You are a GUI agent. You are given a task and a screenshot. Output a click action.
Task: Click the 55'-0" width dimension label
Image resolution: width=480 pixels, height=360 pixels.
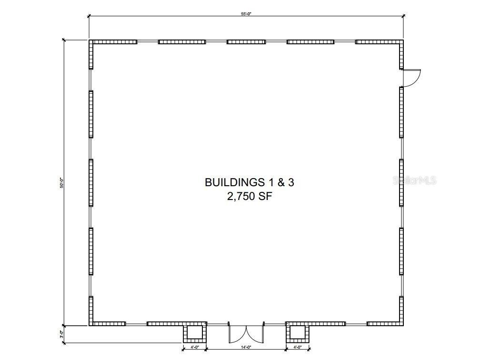pos(246,14)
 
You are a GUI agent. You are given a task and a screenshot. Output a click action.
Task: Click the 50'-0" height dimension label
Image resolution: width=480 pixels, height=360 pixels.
pos(61,183)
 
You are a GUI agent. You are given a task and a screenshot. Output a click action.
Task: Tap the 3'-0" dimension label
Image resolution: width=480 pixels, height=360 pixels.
pos(61,334)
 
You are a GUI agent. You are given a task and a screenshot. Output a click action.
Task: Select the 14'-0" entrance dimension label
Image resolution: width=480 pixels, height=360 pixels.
pos(246,347)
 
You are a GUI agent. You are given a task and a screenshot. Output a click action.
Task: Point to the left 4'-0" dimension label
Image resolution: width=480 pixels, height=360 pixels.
pos(195,347)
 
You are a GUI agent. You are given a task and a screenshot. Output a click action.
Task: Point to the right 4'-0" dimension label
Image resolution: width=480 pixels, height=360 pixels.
pos(298,347)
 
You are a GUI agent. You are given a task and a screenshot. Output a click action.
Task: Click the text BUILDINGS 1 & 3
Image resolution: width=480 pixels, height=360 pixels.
pos(249,182)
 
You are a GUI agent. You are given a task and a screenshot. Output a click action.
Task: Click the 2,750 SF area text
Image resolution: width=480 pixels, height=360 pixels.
pos(249,196)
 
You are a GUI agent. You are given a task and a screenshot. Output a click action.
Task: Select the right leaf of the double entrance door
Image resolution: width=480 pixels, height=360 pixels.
pos(255,334)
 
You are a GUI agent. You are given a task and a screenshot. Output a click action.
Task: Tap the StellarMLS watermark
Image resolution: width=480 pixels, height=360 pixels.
pos(414,180)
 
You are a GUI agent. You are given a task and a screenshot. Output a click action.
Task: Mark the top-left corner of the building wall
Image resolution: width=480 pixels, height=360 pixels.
pos(89,40)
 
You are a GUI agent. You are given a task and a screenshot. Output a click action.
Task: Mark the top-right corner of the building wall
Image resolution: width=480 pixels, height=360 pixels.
pos(403,40)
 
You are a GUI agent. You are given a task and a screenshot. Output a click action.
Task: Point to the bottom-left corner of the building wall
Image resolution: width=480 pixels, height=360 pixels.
pos(89,325)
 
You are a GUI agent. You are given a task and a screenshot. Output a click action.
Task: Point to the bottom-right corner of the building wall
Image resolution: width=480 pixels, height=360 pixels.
pos(403,325)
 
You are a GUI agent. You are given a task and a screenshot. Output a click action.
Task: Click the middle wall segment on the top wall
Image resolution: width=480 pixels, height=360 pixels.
pos(246,42)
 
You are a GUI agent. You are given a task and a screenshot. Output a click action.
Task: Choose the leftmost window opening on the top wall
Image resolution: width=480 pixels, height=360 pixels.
pos(148,42)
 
